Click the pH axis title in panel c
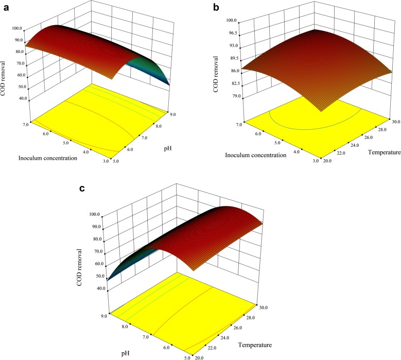123,352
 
